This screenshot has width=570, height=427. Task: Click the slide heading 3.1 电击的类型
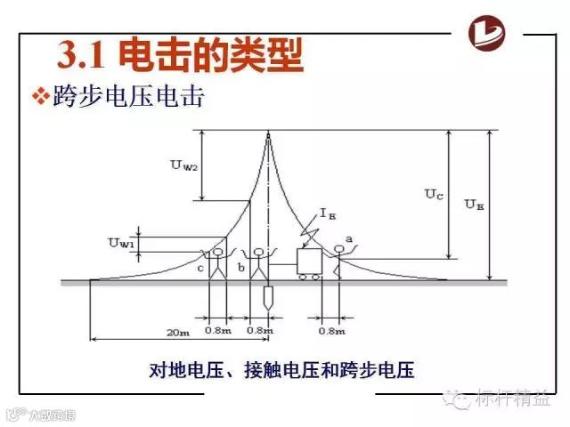pos(181,55)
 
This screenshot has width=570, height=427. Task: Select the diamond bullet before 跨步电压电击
pos(40,97)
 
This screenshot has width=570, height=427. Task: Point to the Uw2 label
pos(184,165)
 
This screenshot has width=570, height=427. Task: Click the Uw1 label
pos(122,242)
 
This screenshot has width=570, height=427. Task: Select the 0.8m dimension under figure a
pos(331,331)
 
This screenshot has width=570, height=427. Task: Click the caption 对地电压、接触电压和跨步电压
pos(283,369)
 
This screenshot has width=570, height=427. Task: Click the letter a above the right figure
pos(349,238)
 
